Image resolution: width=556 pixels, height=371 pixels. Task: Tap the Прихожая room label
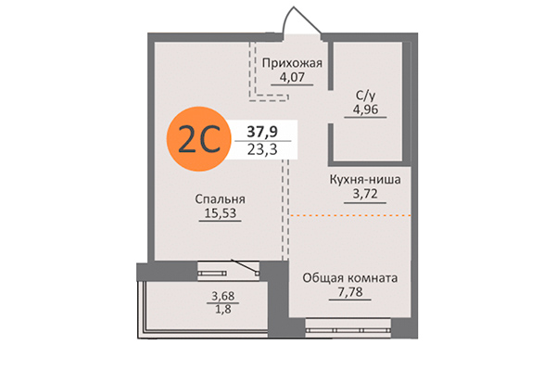click(291, 63)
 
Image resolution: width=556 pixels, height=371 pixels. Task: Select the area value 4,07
click(291, 78)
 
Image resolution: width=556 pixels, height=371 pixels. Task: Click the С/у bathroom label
click(365, 94)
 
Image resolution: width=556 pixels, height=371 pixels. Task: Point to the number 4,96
click(365, 109)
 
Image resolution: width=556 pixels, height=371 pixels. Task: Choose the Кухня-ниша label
click(364, 180)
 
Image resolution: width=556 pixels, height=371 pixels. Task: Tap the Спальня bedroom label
click(220, 198)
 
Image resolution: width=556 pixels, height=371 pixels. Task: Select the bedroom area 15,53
click(220, 213)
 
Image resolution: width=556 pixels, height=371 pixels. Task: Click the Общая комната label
click(350, 277)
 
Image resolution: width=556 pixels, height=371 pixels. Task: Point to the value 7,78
click(350, 293)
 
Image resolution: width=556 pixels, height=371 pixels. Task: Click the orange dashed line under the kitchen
click(352, 215)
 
